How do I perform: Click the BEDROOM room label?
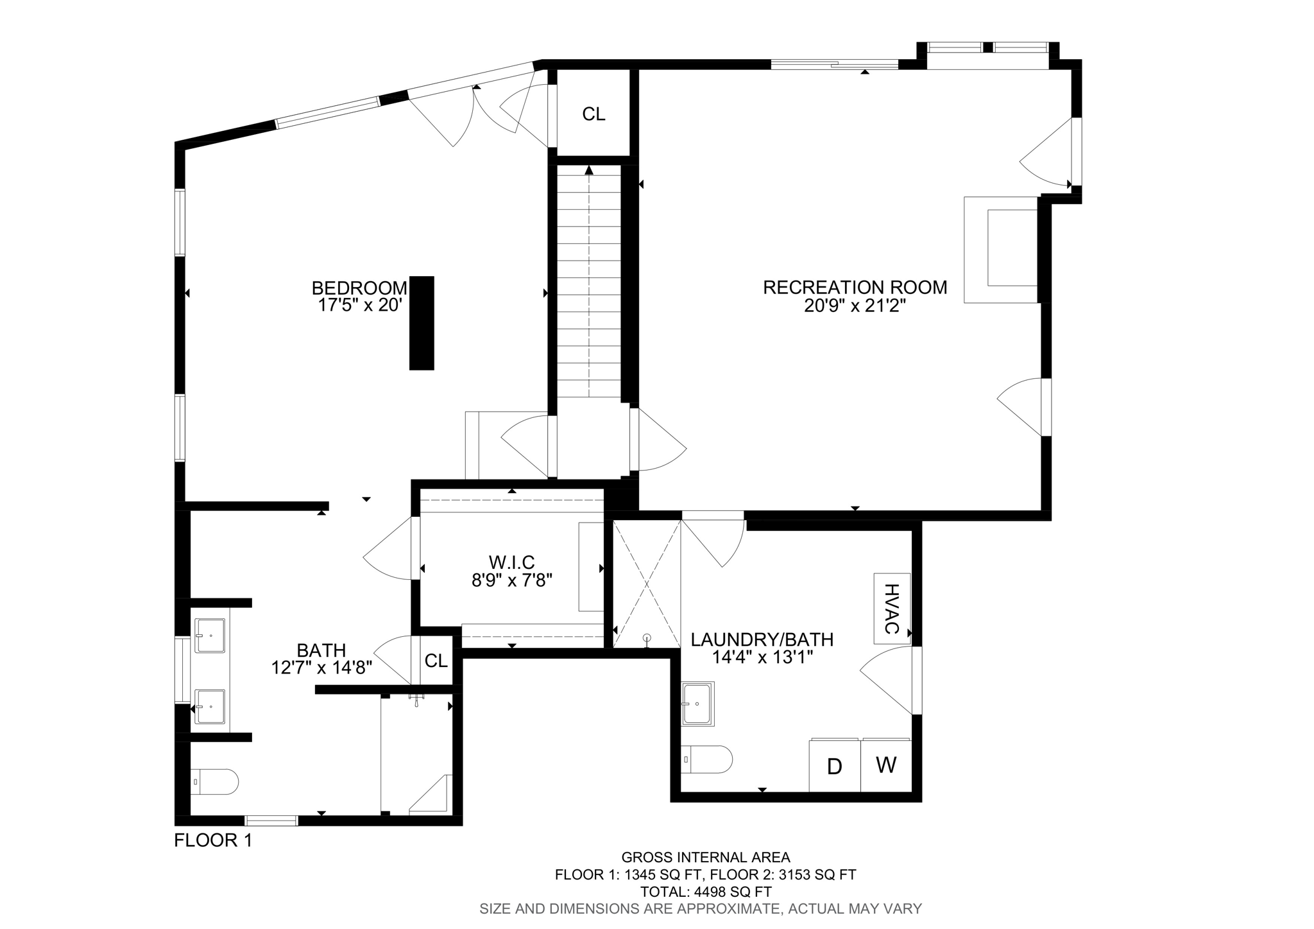point(359,288)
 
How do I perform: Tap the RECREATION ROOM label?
point(855,287)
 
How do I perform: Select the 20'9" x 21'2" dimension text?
point(855,306)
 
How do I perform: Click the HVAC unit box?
point(892,608)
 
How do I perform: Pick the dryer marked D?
point(834,766)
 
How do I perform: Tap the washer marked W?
point(886,765)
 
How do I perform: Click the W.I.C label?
point(511,562)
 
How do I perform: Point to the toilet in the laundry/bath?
point(706,760)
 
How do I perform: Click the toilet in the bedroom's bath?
point(214,781)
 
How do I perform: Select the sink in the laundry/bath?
point(697,703)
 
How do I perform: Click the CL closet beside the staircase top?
point(593,114)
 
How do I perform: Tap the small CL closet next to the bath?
point(436,660)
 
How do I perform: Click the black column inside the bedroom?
point(422,323)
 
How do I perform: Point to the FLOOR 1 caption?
point(213,840)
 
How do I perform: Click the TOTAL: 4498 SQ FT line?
point(706,892)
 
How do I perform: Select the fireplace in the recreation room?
point(1001,249)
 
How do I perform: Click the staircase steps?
point(589,282)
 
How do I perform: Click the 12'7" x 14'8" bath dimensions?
point(321,668)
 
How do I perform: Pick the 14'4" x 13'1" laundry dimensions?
point(762,657)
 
